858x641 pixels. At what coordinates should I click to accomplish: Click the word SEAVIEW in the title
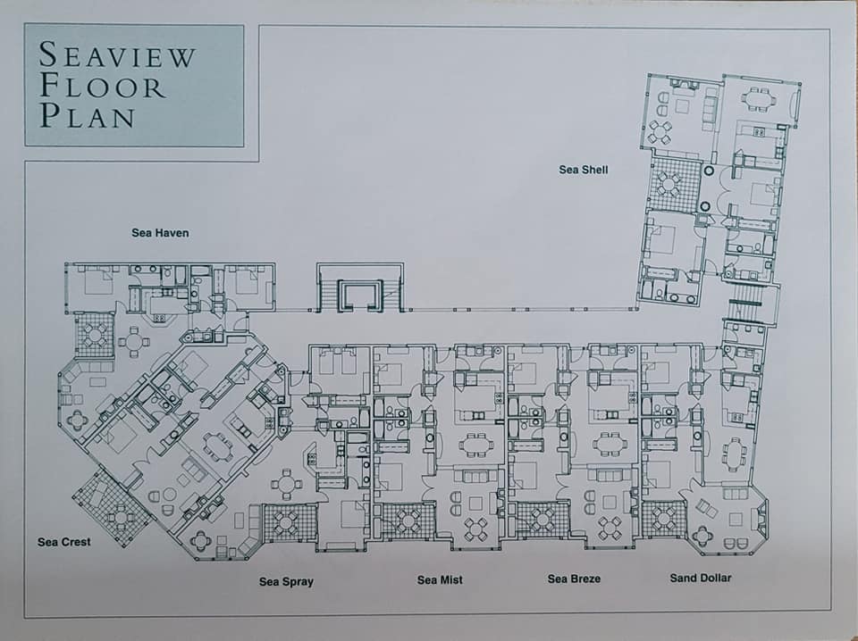click(x=116, y=54)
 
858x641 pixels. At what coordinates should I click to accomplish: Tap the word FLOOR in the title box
click(x=102, y=86)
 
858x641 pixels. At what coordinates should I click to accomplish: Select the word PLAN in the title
click(x=87, y=115)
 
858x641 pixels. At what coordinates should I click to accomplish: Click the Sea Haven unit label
click(x=160, y=233)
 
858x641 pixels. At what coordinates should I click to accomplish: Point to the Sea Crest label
click(x=64, y=542)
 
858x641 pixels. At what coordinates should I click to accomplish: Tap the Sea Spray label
click(x=286, y=581)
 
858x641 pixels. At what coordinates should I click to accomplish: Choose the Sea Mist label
click(x=440, y=579)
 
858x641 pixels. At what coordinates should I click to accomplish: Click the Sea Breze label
click(x=574, y=579)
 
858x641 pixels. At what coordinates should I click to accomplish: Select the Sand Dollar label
click(x=701, y=578)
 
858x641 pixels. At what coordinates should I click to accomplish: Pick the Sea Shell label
click(x=584, y=170)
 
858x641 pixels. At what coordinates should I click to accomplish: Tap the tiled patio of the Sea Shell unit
click(x=674, y=184)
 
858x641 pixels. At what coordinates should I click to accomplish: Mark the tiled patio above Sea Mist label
click(x=408, y=520)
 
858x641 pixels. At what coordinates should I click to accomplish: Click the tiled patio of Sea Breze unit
click(x=543, y=520)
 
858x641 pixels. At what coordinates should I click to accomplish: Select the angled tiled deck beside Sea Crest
click(x=113, y=508)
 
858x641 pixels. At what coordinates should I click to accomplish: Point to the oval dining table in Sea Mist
click(x=475, y=445)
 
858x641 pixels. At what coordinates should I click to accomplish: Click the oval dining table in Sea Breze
click(x=608, y=443)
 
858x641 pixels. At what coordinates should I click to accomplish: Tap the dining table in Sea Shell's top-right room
click(x=759, y=99)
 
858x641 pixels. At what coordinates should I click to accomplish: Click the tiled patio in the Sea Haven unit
click(x=96, y=335)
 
